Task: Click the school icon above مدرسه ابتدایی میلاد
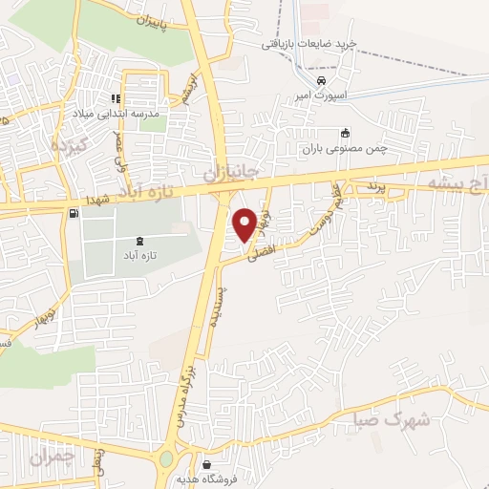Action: pyautogui.click(x=115, y=98)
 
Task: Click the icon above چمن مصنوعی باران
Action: pyautogui.click(x=345, y=134)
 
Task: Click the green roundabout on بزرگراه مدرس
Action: pyautogui.click(x=167, y=457)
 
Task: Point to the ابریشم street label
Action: pyautogui.click(x=194, y=87)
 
